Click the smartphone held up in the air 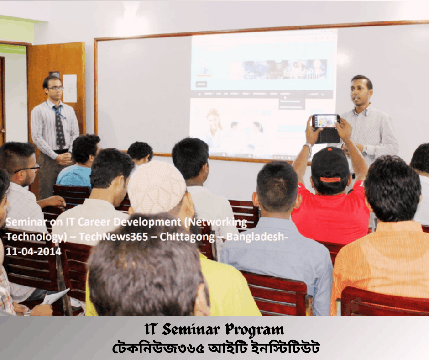coord(326,121)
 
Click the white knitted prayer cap coord(156,188)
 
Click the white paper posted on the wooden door coord(70,88)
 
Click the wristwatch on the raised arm coord(309,147)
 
